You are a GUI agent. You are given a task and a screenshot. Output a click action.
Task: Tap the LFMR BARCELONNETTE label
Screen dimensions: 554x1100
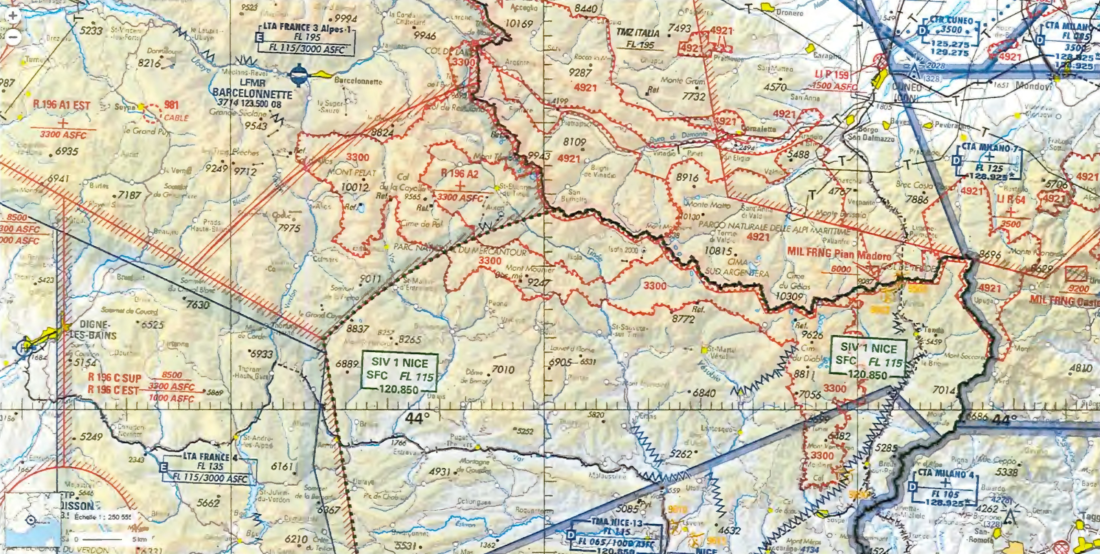252,89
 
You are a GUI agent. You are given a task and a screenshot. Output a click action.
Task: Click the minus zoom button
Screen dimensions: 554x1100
13,37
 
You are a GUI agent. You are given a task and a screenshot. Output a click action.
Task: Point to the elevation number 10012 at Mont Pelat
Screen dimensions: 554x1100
355,187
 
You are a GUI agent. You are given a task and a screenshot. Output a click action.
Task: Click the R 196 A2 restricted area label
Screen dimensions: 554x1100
459,173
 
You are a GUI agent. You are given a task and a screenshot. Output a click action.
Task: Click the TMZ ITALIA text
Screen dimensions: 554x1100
638,33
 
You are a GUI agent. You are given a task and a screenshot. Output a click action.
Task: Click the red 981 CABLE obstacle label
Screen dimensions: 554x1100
172,110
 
